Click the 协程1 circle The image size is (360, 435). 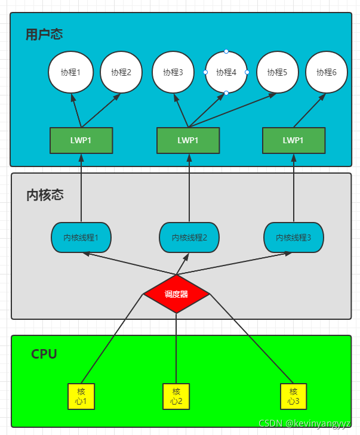pos(70,72)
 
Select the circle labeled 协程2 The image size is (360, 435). pos(121,72)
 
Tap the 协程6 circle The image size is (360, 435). pos(327,72)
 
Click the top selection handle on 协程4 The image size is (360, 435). pos(226,51)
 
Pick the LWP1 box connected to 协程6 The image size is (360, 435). pos(293,140)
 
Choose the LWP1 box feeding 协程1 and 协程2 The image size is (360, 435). pos(81,140)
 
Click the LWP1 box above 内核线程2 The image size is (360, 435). pos(187,140)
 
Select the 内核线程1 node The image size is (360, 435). pos(81,237)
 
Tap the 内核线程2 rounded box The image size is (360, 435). pos(189,237)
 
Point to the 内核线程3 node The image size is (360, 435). pos(294,237)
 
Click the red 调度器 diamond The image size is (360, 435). pos(176,294)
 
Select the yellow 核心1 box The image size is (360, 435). pos(81,396)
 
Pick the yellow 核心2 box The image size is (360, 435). pos(176,396)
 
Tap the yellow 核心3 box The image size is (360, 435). pos(293,396)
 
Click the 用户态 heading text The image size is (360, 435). pos(44,34)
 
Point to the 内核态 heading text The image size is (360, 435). pos(45,195)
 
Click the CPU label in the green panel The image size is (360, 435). pos(44,354)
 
